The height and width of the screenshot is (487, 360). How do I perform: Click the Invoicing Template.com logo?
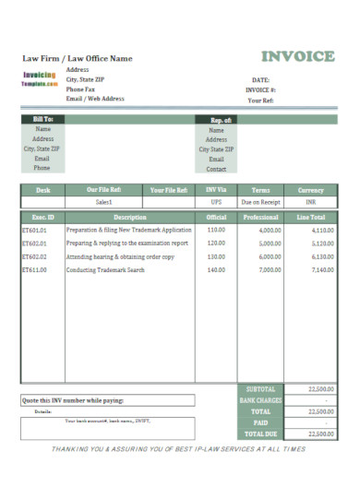tap(39, 78)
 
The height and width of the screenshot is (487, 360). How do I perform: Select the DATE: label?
tap(260, 80)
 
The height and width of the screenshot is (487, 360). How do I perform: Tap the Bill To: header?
tap(42, 119)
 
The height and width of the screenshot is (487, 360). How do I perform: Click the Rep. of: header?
tap(216, 119)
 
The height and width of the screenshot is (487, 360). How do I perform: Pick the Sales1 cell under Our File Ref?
tap(104, 201)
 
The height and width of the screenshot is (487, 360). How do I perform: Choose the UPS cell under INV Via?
tap(216, 201)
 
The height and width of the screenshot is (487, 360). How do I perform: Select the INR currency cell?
tap(311, 201)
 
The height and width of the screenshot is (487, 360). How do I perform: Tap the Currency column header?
tap(311, 189)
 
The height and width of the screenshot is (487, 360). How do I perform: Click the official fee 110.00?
tap(216, 229)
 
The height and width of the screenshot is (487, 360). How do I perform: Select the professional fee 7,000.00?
tap(270, 270)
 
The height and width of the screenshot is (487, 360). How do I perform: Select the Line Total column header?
tap(311, 217)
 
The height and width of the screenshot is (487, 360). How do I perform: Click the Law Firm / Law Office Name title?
tap(78, 58)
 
